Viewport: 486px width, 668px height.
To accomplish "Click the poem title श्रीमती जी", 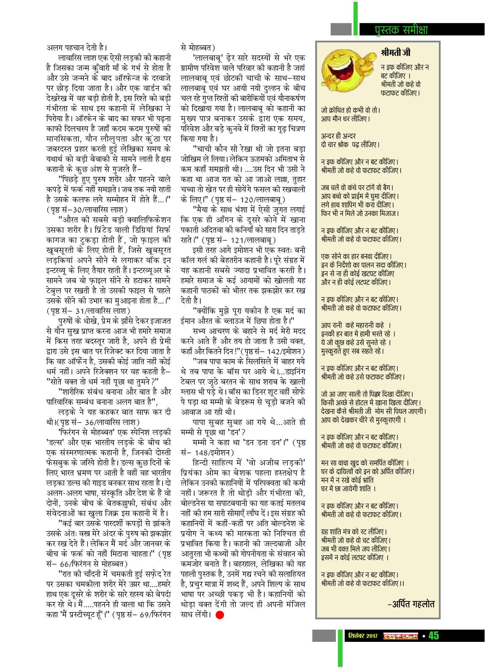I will tap(395, 53).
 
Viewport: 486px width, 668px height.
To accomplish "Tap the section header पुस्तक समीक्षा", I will tap(401, 30).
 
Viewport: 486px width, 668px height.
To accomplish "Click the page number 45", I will tap(433, 636).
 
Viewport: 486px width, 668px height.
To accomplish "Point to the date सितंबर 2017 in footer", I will tap(363, 636).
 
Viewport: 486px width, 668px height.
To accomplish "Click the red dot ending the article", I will tap(219, 614).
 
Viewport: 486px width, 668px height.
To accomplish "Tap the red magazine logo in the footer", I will tap(400, 636).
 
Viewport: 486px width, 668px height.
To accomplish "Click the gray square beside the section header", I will tap(341, 29).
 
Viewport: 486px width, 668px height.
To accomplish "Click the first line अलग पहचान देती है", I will tap(76, 47).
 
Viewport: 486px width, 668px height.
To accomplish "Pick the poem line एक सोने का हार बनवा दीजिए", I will tap(356, 256).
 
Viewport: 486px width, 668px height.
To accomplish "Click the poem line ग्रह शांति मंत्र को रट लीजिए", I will tap(354, 531).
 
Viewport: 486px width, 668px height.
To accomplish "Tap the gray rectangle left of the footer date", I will tap(324, 636).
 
